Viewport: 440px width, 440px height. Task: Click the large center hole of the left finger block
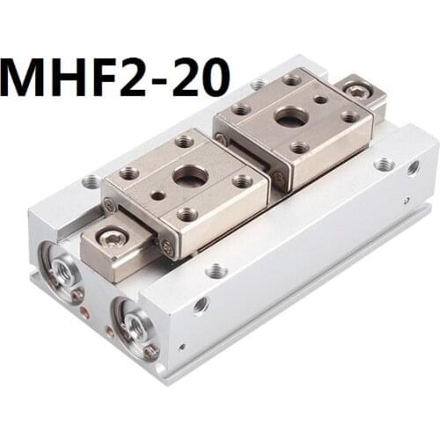point(190,175)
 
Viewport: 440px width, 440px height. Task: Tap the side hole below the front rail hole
point(201,305)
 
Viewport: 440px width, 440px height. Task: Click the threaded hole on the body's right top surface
point(384,165)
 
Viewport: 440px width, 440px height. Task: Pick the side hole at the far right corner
point(413,167)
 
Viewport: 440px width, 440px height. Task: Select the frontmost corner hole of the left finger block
point(187,213)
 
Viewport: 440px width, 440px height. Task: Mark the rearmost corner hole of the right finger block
point(290,80)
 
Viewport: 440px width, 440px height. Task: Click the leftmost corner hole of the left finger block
point(129,172)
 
